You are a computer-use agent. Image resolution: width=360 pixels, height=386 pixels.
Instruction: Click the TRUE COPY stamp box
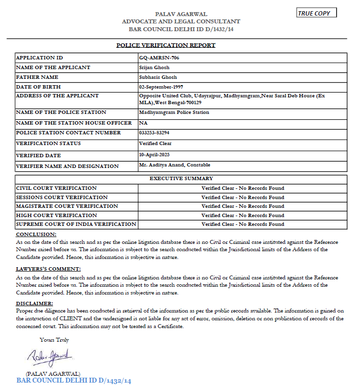pyautogui.click(x=316, y=13)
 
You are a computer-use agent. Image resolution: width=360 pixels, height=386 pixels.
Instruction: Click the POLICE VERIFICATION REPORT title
pyautogui.click(x=166, y=45)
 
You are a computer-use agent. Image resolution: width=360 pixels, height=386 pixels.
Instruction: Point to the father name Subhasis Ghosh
pyautogui.click(x=158, y=77)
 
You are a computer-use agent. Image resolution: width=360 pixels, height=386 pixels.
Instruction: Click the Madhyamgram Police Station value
pyautogui.click(x=174, y=112)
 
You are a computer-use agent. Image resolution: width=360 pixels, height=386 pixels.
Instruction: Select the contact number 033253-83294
pyautogui.click(x=155, y=133)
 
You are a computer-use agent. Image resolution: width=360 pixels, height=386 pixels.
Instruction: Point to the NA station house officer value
pyautogui.click(x=143, y=123)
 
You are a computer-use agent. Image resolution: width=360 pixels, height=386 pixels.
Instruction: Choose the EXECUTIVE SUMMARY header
pyautogui.click(x=181, y=179)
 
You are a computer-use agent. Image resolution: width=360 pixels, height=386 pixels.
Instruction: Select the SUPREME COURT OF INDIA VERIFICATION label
pyautogui.click(x=76, y=224)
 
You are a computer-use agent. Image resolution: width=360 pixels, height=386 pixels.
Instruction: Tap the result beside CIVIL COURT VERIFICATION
pyautogui.click(x=243, y=188)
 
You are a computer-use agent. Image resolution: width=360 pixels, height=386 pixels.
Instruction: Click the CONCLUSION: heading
pyautogui.click(x=36, y=235)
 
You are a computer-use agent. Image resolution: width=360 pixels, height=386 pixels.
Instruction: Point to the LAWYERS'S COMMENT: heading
pyautogui.click(x=49, y=269)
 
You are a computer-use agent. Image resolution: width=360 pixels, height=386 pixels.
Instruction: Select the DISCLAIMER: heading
pyautogui.click(x=35, y=304)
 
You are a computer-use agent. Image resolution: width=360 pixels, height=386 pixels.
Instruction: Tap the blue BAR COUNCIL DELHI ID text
pyautogui.click(x=74, y=380)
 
